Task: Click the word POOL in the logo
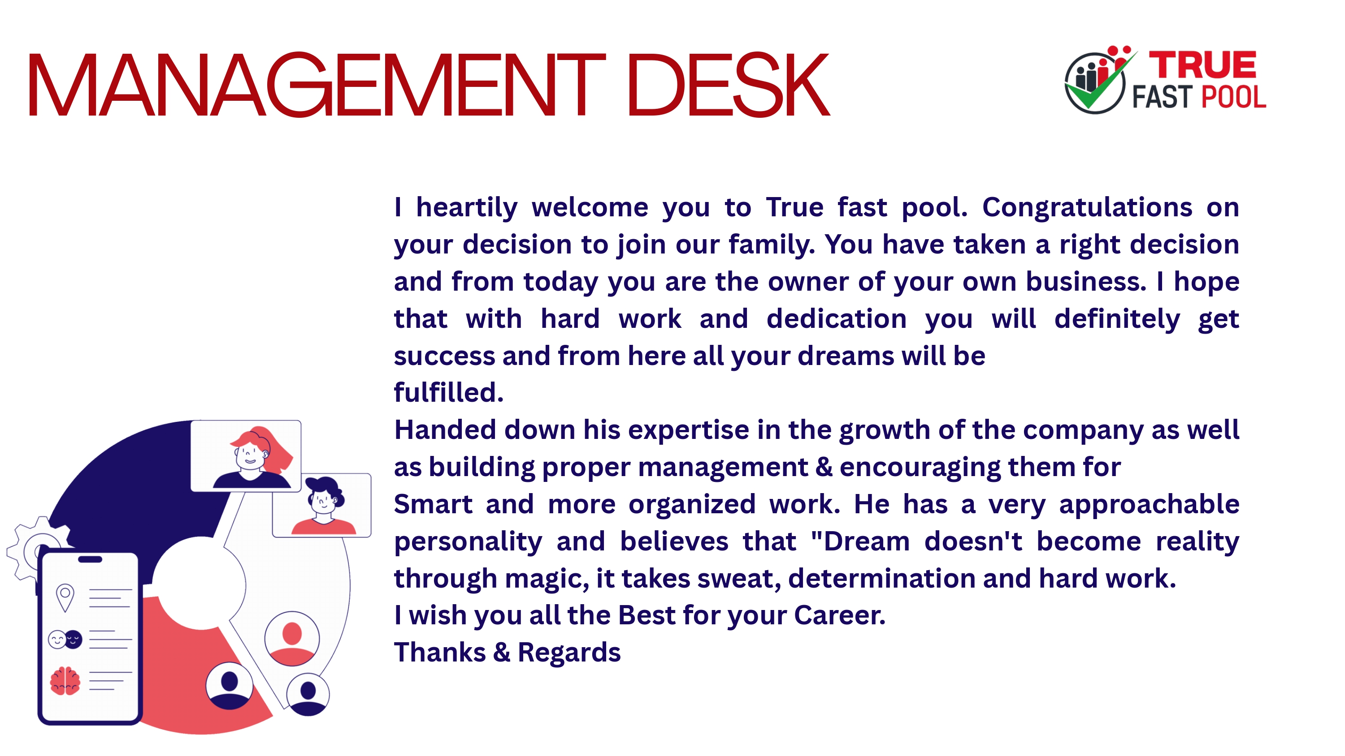[1234, 97]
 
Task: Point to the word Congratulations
[1087, 208]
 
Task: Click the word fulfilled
[448, 392]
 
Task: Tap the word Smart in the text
[433, 504]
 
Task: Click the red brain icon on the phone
[65, 681]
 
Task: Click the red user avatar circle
[292, 639]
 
